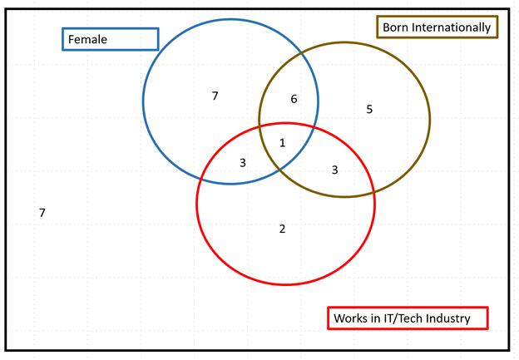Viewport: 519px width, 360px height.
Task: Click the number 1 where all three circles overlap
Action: pyautogui.click(x=282, y=143)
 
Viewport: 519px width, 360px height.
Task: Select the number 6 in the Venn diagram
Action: pyautogui.click(x=294, y=100)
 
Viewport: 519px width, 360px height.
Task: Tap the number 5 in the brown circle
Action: pyautogui.click(x=369, y=109)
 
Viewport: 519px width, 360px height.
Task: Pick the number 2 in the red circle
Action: pyautogui.click(x=282, y=229)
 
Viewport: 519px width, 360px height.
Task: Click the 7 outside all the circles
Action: pyautogui.click(x=42, y=213)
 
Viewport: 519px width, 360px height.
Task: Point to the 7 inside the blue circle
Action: pyautogui.click(x=215, y=96)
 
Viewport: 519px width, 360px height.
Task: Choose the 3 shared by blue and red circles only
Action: pyautogui.click(x=243, y=163)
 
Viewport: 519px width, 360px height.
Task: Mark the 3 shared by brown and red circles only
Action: pyautogui.click(x=335, y=170)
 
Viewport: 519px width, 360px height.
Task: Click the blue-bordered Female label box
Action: pyautogui.click(x=110, y=39)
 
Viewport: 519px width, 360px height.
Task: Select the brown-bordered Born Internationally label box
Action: pyautogui.click(x=437, y=27)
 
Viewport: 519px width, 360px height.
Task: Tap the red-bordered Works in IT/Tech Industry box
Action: pyautogui.click(x=408, y=318)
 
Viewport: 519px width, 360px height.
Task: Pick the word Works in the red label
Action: pyautogui.click(x=349, y=318)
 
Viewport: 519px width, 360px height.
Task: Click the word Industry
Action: pyautogui.click(x=448, y=318)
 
